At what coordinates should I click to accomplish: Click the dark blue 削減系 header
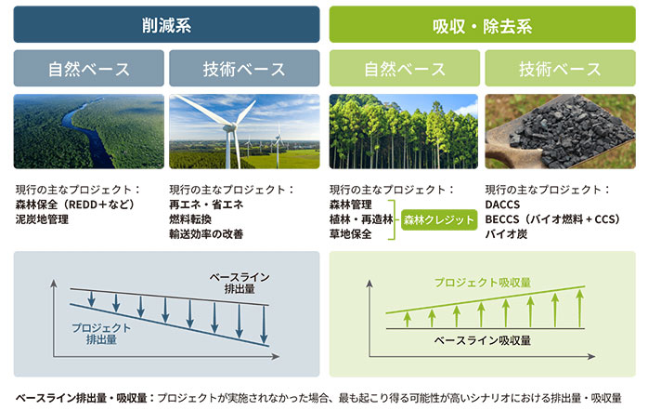tap(166, 24)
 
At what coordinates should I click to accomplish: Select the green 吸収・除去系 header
tap(482, 24)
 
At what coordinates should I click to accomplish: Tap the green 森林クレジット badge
tap(439, 219)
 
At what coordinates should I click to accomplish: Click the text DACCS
tap(502, 205)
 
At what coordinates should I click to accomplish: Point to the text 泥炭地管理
tap(42, 219)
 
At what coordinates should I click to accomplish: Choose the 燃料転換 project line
tap(190, 219)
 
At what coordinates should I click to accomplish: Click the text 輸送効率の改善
tap(206, 234)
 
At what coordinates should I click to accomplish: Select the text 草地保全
tap(350, 234)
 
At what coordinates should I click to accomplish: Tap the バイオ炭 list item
tap(506, 234)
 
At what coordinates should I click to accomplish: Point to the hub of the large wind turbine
tap(231, 126)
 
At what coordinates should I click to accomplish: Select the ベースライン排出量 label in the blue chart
tap(240, 283)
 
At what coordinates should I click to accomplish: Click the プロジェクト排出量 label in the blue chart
tap(101, 334)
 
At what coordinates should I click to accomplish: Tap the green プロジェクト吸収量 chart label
tap(482, 283)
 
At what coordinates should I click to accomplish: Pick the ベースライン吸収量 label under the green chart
tap(482, 340)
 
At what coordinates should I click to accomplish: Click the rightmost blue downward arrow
tap(264, 324)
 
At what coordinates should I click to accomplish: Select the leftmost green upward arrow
tap(408, 319)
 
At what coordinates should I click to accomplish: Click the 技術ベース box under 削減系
tap(244, 68)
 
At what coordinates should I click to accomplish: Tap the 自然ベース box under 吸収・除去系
tap(405, 68)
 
